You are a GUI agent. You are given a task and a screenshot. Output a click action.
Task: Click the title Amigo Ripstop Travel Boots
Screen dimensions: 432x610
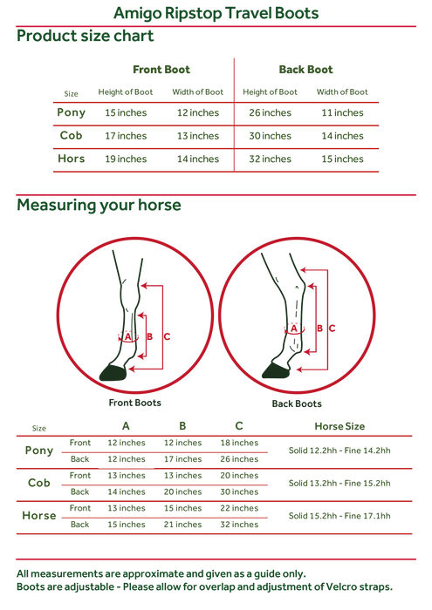click(216, 13)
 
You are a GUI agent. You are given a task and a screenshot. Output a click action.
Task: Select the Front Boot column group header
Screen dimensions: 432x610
click(161, 70)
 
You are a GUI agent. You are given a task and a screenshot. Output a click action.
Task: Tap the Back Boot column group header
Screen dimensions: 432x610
click(305, 70)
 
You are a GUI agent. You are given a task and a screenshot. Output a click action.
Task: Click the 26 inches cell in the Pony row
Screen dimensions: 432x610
click(270, 112)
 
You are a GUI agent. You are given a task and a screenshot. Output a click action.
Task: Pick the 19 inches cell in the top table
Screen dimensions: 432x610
click(126, 159)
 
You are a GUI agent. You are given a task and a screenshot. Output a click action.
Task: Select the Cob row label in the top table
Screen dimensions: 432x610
click(71, 135)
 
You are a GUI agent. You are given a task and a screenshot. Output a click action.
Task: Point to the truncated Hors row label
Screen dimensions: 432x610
click(72, 159)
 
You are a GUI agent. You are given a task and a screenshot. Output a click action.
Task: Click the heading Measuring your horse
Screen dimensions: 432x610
click(99, 205)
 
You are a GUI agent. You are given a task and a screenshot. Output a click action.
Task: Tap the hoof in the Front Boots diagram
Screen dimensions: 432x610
click(112, 373)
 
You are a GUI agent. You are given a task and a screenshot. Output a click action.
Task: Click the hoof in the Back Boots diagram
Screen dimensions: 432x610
click(276, 370)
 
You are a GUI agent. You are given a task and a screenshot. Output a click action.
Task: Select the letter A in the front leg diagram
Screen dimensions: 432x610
click(127, 337)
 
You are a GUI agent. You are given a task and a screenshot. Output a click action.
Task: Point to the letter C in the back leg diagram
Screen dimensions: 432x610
click(332, 329)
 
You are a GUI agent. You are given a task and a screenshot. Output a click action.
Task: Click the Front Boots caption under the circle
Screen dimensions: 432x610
click(134, 403)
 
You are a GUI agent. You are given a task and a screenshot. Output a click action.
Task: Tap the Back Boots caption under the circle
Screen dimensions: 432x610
click(297, 403)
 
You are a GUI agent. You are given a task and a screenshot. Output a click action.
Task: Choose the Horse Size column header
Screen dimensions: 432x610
click(339, 426)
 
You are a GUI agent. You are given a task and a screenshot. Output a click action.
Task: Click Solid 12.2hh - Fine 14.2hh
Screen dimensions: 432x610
click(339, 451)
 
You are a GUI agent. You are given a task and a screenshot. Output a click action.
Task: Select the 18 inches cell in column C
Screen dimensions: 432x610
click(239, 443)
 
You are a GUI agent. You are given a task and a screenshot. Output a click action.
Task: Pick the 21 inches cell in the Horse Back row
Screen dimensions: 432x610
click(182, 525)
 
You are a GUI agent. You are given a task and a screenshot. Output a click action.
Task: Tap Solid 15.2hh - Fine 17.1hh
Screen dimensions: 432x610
click(339, 516)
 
